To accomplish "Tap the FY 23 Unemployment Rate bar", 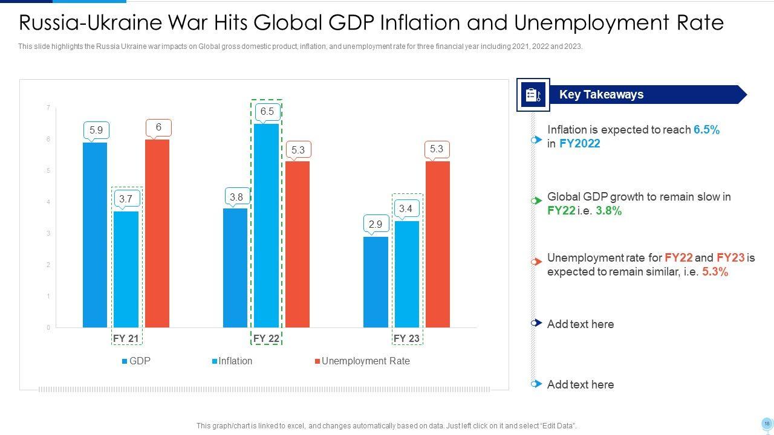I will pos(438,244).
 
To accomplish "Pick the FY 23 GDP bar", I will pos(376,282).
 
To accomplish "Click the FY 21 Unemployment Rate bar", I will pos(157,233).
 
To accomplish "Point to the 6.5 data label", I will pos(267,112).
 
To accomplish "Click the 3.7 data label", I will pos(126,199).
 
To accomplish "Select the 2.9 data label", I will pos(376,224).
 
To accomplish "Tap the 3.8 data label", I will pos(236,197).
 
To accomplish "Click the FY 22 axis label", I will pos(266,338).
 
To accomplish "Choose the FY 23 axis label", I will pos(406,338).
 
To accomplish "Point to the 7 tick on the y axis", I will pos(48,108).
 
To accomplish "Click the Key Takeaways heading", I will pos(601,94).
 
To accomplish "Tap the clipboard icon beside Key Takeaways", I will pos(533,95).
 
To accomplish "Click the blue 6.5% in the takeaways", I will pos(706,129).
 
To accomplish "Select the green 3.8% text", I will pos(608,211).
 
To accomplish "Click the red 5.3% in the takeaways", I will pos(715,272).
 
